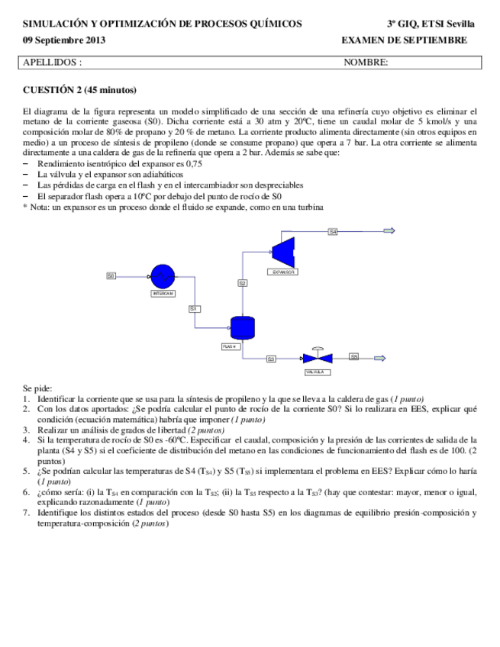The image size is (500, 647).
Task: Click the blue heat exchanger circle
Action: point(162,276)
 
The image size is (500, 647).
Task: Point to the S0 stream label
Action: point(111,275)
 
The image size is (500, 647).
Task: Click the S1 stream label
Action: point(194,308)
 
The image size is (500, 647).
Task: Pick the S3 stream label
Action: point(271,358)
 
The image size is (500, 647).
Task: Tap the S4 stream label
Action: point(333,230)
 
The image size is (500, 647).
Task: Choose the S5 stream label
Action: point(354,356)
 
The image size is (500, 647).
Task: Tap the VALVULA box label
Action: point(315,372)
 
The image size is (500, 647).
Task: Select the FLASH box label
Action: point(231,346)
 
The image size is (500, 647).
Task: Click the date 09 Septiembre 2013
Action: point(64,40)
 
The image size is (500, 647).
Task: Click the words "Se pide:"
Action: point(37,388)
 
